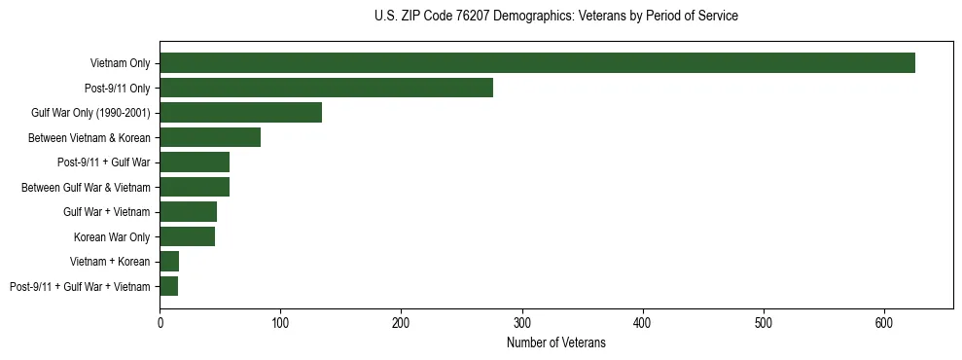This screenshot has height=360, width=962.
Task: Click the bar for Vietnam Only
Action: point(537,63)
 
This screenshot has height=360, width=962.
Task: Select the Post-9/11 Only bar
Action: point(326,88)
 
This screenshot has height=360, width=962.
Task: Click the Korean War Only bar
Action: point(187,236)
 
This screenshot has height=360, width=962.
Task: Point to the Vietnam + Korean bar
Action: point(169,261)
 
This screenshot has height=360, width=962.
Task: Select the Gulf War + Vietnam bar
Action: point(188,211)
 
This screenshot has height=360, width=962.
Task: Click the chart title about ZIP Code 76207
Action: point(555,17)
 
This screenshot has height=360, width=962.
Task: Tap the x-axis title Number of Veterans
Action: point(555,343)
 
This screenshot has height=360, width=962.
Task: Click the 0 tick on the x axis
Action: point(160,322)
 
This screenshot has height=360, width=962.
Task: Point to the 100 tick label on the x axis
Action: point(280,322)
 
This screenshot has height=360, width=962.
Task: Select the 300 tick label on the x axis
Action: point(521,322)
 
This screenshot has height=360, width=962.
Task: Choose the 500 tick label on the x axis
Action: point(763,322)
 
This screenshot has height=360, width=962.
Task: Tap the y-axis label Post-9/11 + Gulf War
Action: point(104,162)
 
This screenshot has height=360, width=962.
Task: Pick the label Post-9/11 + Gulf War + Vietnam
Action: point(80,286)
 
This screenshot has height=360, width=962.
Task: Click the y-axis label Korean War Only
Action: point(112,236)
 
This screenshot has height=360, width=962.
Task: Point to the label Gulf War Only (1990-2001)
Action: point(90,113)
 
